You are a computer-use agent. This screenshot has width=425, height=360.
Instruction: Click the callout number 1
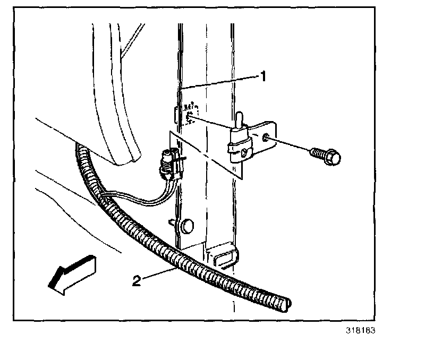click(262, 76)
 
